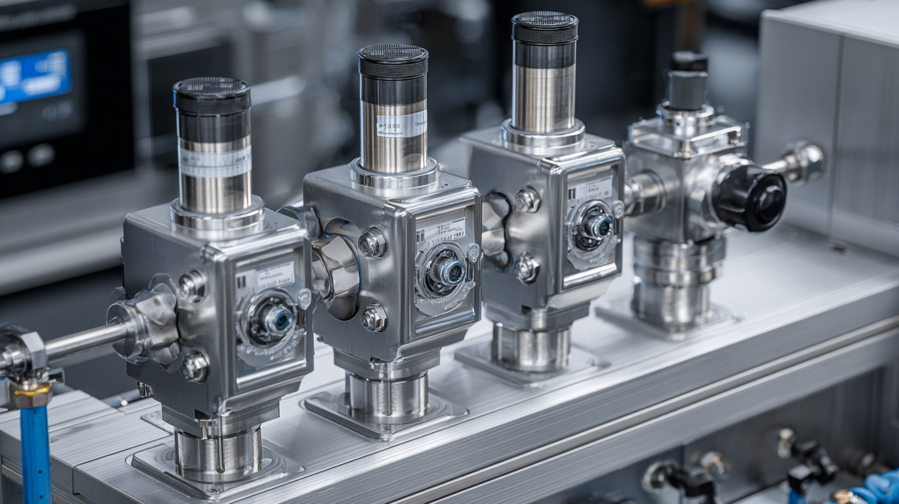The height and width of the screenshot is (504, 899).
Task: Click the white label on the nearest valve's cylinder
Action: point(215,162)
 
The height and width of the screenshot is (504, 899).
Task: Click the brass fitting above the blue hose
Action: point(32,393)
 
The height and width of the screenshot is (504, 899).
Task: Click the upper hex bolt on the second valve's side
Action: point(373,242)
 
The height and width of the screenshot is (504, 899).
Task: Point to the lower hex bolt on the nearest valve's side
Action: point(194,366)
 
